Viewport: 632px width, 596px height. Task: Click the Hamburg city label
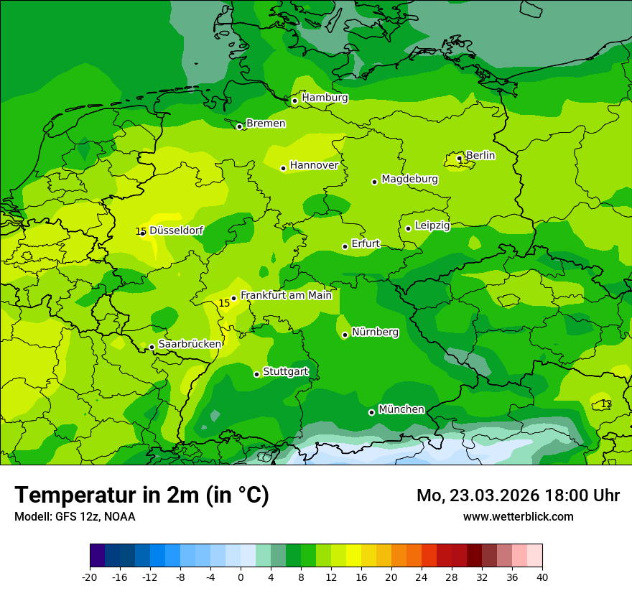[x=325, y=98]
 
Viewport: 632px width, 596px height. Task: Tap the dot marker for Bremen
[x=239, y=126]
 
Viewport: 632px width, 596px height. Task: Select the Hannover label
[x=314, y=165]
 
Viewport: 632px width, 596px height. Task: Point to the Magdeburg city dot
[x=374, y=182]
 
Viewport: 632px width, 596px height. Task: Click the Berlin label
[x=480, y=155]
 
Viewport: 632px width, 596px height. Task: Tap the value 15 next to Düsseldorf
[x=140, y=231]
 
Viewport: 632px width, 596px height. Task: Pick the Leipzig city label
[x=432, y=225]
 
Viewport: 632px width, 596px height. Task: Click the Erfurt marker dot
[x=345, y=246]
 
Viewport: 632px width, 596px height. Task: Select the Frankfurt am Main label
[x=286, y=295]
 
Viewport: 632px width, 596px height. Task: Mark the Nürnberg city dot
[x=345, y=335]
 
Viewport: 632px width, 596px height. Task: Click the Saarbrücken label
[x=190, y=344]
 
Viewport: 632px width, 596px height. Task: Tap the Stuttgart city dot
[x=256, y=374]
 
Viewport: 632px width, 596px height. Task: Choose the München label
[x=401, y=409]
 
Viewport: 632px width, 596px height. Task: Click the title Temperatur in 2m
[x=141, y=495]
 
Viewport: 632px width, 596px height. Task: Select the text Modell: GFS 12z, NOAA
[x=75, y=517]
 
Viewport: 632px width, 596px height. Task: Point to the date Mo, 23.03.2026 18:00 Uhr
[x=518, y=495]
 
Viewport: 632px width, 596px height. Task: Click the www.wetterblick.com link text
[x=518, y=517]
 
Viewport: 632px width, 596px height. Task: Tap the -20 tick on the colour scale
[x=90, y=577]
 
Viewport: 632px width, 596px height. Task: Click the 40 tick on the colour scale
[x=542, y=577]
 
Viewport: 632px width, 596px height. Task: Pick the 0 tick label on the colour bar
[x=241, y=577]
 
